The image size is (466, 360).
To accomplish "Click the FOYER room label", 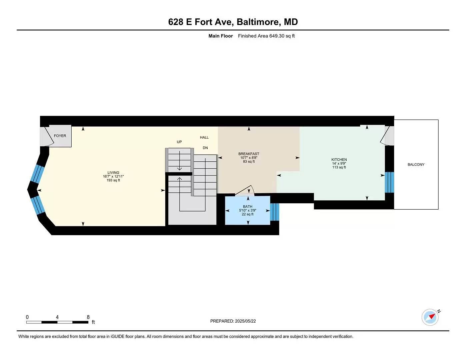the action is pyautogui.click(x=60, y=136).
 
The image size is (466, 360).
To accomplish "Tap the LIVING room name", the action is pyautogui.click(x=113, y=173).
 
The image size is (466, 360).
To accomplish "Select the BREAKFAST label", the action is pyautogui.click(x=249, y=154).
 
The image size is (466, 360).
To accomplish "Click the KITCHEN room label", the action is pyautogui.click(x=339, y=160).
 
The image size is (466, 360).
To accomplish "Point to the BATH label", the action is pyautogui.click(x=247, y=206).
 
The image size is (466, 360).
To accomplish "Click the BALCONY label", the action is pyautogui.click(x=416, y=164).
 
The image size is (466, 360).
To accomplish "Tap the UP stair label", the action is pyautogui.click(x=179, y=142).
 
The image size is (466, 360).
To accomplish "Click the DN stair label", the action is pyautogui.click(x=205, y=148).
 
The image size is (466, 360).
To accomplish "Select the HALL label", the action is pyautogui.click(x=204, y=137).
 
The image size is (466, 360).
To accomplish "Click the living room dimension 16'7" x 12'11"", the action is pyautogui.click(x=113, y=176).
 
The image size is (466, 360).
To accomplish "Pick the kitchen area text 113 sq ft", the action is pyautogui.click(x=339, y=167).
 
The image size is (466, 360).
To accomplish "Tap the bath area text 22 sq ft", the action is pyautogui.click(x=247, y=214).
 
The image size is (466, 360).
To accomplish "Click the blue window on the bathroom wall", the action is pyautogui.click(x=274, y=212).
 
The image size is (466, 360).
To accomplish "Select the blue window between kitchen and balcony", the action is pyautogui.click(x=389, y=182).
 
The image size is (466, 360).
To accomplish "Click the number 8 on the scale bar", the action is pyautogui.click(x=88, y=317).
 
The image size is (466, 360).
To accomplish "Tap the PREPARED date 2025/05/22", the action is pyautogui.click(x=245, y=321).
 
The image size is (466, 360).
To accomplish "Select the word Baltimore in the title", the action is pyautogui.click(x=259, y=22).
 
